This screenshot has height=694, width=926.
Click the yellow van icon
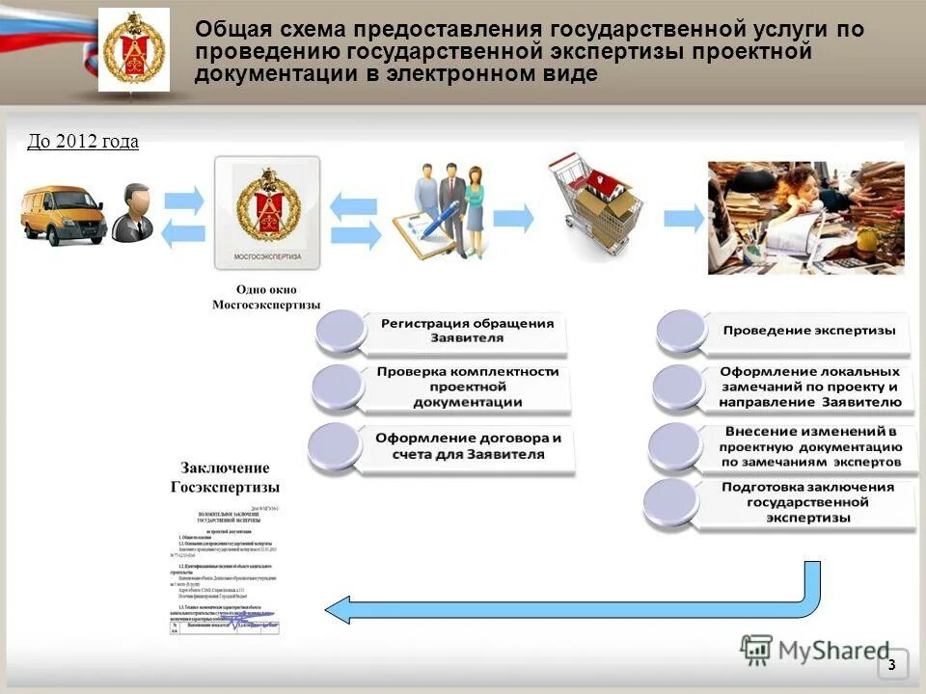64,216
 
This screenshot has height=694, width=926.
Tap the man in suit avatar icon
133,213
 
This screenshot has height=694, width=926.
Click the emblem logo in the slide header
133,49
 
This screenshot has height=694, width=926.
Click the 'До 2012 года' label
83,142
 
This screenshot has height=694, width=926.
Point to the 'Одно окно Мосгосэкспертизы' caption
266,297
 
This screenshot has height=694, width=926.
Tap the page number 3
891,664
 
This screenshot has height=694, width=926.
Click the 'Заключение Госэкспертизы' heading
226,477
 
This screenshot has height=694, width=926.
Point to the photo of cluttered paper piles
805,218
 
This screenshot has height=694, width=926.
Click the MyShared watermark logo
815,650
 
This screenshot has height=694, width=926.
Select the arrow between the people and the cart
513,218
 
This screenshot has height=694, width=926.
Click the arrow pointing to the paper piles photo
683,218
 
